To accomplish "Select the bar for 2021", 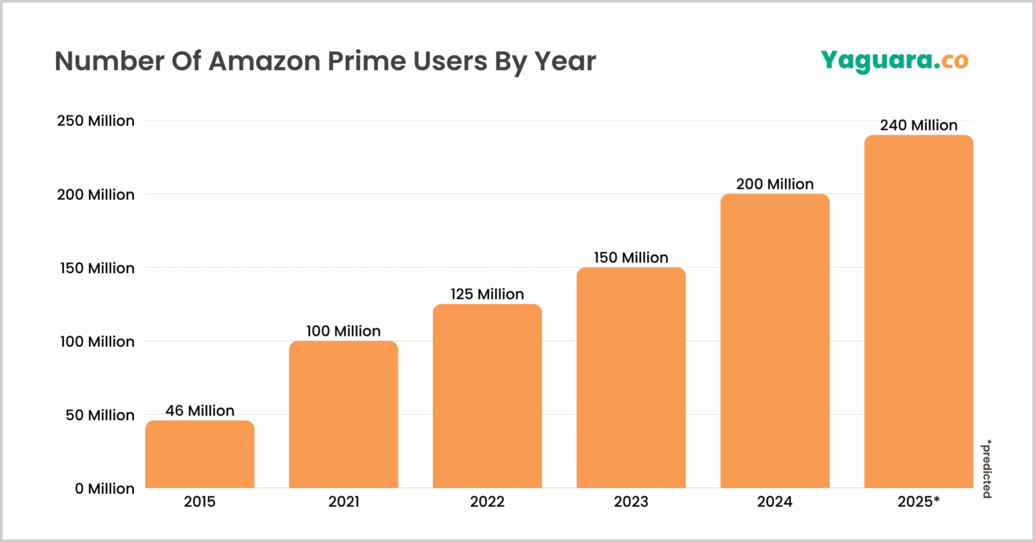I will pos(344,414).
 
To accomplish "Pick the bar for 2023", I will pos(631,378).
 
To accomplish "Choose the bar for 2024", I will pos(775,340).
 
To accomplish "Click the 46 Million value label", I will pos(199,411).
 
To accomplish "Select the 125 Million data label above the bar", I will pos(487,294).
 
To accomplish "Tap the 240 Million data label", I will pos(918,125).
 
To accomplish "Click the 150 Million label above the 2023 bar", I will pos(631,258).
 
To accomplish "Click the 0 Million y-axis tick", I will pos(104,489).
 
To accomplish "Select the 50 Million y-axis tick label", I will pos(101,415).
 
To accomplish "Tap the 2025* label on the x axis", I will pos(918,502).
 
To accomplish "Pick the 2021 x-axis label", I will pos(344,502).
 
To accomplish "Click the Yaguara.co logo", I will pos(894,61).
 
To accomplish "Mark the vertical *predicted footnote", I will pos(986,469).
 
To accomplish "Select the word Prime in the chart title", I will pos(369,61).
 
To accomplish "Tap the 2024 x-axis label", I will pos(775,502).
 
